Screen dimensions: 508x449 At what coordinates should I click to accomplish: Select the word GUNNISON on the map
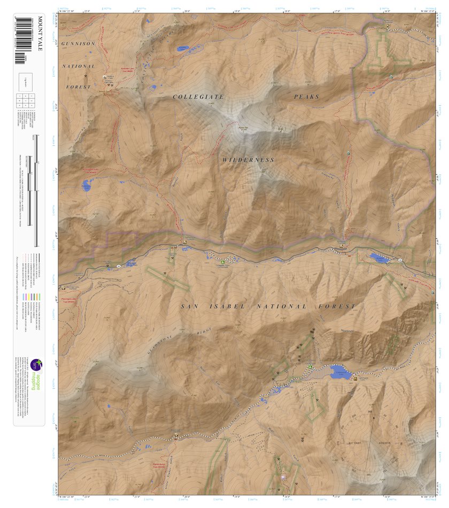(78, 43)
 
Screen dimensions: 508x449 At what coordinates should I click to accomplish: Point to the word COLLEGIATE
(198, 97)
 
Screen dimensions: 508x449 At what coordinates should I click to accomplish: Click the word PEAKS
(306, 97)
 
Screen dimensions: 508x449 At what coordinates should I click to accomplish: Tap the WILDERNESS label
(249, 160)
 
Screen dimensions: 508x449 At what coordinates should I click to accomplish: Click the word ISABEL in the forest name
(228, 307)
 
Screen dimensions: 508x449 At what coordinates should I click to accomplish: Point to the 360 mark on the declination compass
(369, 411)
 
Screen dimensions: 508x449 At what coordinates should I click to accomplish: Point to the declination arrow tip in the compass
(374, 416)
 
